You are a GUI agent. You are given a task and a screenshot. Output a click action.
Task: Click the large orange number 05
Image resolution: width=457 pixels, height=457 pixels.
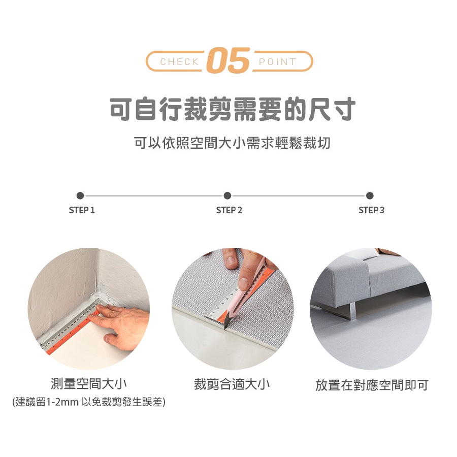tap(228, 60)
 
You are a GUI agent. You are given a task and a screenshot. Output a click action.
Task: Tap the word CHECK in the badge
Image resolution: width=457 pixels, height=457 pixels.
tap(180, 62)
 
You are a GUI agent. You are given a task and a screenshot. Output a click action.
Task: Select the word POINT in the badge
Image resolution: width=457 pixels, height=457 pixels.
tap(277, 62)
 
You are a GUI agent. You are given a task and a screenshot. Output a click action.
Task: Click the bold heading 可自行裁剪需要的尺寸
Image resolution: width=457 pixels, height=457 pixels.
tap(233, 109)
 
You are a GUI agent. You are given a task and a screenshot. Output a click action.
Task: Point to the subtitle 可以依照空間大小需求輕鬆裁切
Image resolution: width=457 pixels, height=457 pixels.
tap(232, 143)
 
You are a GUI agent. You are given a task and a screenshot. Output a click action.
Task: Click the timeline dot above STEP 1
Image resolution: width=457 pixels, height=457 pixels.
tap(80, 195)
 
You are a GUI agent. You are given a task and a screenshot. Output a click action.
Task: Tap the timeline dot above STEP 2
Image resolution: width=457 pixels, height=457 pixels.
tap(227, 195)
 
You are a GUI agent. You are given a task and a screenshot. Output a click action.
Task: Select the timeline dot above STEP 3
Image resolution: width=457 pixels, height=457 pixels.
tap(370, 195)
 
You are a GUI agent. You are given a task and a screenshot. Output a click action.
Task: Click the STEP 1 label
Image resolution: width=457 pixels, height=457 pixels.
tap(82, 210)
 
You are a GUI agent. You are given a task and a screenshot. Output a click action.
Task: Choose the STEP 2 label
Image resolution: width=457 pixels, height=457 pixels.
tap(229, 210)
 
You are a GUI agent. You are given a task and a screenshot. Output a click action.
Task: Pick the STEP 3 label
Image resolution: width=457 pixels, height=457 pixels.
tap(371, 210)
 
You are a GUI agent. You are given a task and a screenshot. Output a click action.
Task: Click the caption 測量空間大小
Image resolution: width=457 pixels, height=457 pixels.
tap(88, 383)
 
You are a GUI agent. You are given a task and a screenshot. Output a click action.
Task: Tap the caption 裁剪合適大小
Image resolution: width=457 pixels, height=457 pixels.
tap(232, 384)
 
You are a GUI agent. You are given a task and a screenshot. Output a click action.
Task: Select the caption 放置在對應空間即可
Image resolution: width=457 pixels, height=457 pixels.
tap(372, 385)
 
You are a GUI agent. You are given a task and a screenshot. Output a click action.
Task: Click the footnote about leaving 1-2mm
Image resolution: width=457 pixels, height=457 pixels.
tap(89, 402)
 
